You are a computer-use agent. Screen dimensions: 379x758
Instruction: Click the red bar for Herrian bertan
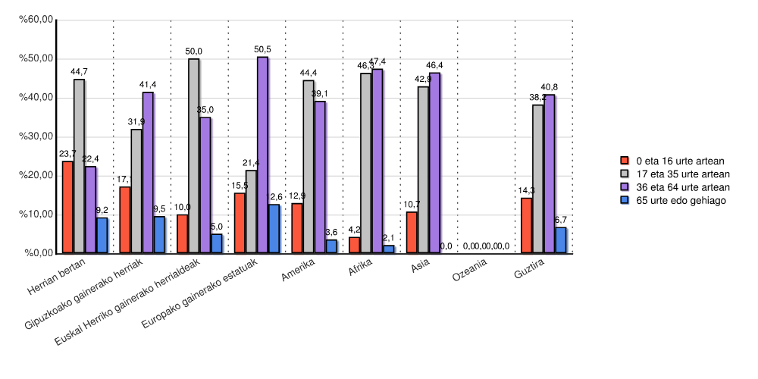67,207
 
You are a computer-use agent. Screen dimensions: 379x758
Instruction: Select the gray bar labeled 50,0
194,155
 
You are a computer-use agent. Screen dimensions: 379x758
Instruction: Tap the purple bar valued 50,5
262,155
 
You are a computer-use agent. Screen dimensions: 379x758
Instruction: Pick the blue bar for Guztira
561,240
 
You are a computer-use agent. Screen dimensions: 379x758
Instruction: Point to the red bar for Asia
412,232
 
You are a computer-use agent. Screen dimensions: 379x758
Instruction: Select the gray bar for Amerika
309,166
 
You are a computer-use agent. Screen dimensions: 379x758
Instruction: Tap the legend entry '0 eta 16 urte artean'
680,161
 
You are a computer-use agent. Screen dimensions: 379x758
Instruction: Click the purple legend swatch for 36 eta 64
625,187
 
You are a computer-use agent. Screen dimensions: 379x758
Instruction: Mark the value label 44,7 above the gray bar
80,72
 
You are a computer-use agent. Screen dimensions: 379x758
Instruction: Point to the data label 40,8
549,87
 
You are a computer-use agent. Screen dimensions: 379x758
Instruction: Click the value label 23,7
67,154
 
